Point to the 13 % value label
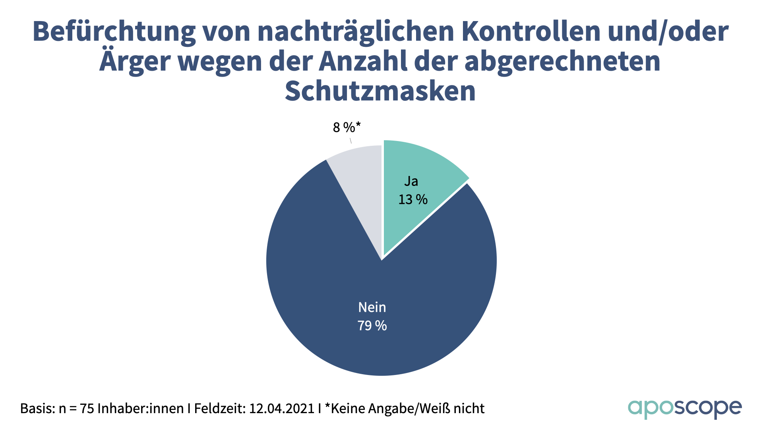(x=413, y=199)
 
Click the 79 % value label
(x=372, y=326)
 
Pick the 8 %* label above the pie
(x=347, y=128)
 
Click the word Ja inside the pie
(x=411, y=181)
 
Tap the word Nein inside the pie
(x=372, y=307)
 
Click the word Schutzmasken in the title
(x=380, y=91)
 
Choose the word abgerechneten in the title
(x=562, y=62)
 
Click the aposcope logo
(x=684, y=408)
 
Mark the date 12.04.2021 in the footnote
(x=282, y=408)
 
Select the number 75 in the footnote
(x=87, y=408)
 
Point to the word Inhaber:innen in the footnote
(x=141, y=408)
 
